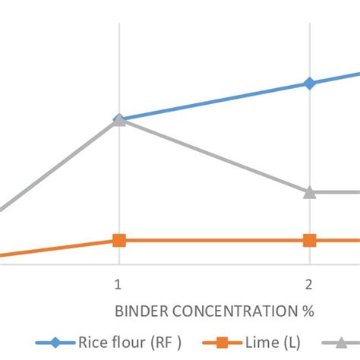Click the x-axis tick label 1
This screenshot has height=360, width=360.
tap(118, 285)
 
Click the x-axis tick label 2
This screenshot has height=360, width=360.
tap(309, 285)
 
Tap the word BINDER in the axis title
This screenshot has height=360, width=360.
tap(139, 311)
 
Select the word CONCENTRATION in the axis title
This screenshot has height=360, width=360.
tap(232, 311)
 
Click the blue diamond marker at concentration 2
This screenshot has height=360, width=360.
tap(309, 83)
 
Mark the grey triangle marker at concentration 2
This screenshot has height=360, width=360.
tap(309, 192)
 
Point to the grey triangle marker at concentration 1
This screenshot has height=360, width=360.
tap(118, 120)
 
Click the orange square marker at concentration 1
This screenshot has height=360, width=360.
tap(118, 240)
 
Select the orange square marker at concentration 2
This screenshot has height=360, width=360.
tap(309, 240)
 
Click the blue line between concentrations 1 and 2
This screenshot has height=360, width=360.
tap(213, 101)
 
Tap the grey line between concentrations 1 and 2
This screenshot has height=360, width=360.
tap(213, 156)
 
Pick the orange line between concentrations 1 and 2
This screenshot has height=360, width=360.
tap(213, 240)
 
